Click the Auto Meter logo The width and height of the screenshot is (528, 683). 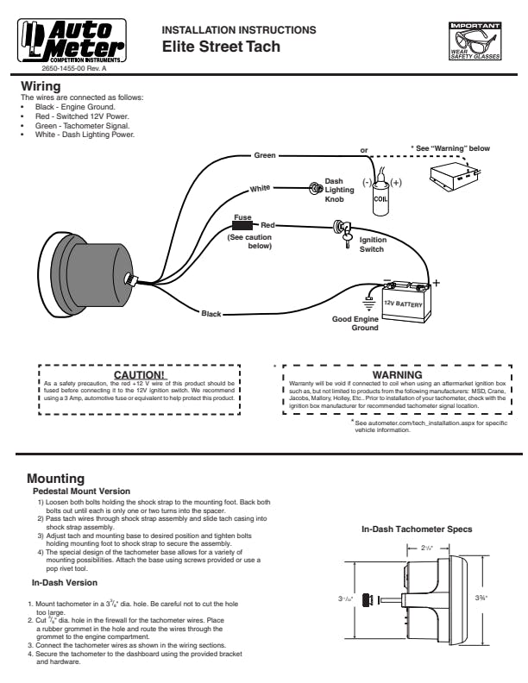[x=73, y=36]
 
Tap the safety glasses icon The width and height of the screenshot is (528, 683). [x=475, y=40]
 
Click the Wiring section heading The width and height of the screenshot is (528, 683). [x=41, y=86]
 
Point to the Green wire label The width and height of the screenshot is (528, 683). [x=265, y=155]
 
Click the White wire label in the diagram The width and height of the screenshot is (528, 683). [x=261, y=188]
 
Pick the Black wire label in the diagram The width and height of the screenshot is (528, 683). [x=211, y=313]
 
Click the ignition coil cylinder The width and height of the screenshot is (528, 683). [x=380, y=195]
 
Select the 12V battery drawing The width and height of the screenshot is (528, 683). [x=405, y=304]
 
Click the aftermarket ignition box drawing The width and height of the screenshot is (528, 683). [x=455, y=178]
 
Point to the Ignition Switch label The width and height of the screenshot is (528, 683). [x=373, y=245]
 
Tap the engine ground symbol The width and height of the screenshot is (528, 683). [x=368, y=303]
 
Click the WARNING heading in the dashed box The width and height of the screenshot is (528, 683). [x=397, y=375]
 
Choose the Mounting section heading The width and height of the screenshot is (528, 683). [x=55, y=478]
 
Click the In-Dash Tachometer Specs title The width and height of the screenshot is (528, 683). [x=417, y=529]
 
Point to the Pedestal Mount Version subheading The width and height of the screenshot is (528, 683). [x=81, y=491]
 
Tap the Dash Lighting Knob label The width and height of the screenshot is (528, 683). [x=339, y=191]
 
